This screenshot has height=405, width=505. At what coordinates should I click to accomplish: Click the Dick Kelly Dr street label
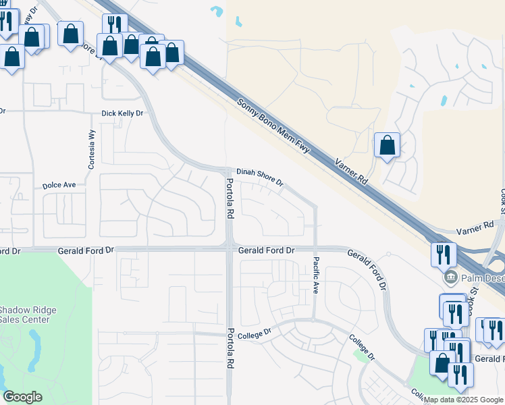tap(122, 114)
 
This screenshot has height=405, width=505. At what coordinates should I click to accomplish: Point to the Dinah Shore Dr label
tap(259, 178)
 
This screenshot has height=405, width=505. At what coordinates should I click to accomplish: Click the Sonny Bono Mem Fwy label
tap(273, 126)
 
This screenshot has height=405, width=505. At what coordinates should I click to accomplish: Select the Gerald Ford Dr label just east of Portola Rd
tap(267, 250)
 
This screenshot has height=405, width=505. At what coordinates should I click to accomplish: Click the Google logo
tap(22, 397)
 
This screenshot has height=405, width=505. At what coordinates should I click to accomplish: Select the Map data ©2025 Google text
tap(463, 400)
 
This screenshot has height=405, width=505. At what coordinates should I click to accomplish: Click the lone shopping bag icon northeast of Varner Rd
tap(387, 145)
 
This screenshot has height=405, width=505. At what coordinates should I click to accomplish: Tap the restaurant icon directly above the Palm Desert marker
tap(444, 254)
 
